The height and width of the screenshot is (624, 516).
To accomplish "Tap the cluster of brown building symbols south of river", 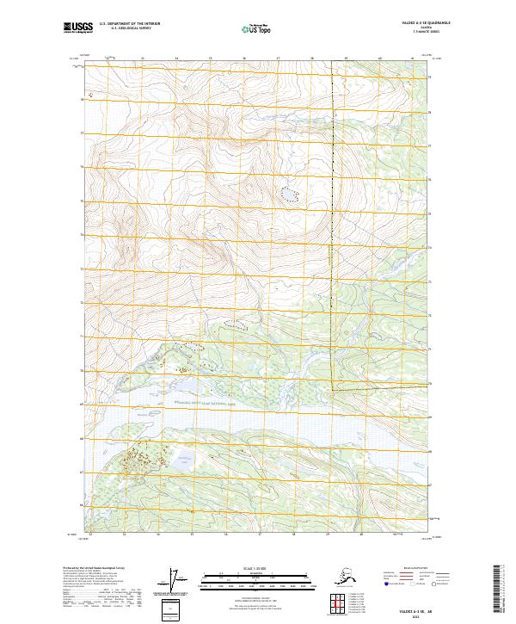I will tap(138, 460).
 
